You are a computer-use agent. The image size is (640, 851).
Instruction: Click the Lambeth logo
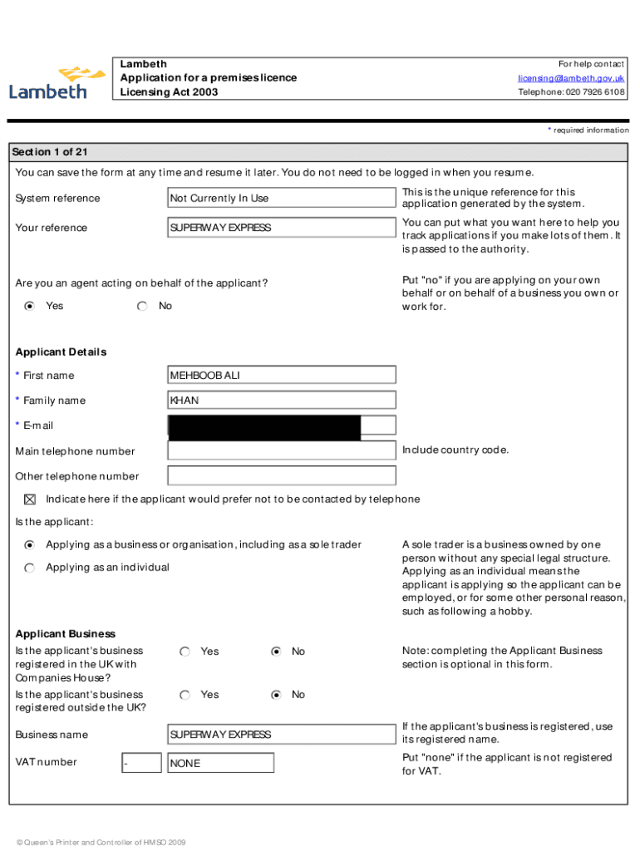[x=57, y=82]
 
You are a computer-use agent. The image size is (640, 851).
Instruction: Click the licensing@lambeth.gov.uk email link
[x=571, y=78]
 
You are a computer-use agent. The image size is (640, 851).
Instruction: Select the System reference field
[x=282, y=198]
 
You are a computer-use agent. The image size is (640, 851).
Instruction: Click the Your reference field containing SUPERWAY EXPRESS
[x=282, y=228]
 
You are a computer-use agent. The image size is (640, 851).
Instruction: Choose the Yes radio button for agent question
[x=30, y=307]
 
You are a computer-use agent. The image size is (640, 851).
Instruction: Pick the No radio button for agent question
[x=142, y=307]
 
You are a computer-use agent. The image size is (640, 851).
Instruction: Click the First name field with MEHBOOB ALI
[x=282, y=375]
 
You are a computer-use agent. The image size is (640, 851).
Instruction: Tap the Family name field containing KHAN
[x=282, y=401]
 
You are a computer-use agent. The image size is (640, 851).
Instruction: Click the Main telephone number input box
[x=282, y=451]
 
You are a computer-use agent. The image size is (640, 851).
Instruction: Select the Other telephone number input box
[x=282, y=476]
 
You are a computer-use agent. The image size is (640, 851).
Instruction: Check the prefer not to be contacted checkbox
[x=30, y=499]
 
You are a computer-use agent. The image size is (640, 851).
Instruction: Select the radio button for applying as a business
[x=30, y=545]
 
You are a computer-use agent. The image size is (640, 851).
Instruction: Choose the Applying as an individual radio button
[x=30, y=568]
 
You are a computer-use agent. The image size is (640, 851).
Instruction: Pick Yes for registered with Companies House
[x=185, y=652]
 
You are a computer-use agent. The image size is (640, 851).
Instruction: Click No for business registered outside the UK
[x=276, y=695]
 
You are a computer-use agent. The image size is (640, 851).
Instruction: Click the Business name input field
[x=282, y=735]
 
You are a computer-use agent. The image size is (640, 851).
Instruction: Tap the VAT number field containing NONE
[x=220, y=763]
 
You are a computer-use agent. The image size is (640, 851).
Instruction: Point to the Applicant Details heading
[x=61, y=352]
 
